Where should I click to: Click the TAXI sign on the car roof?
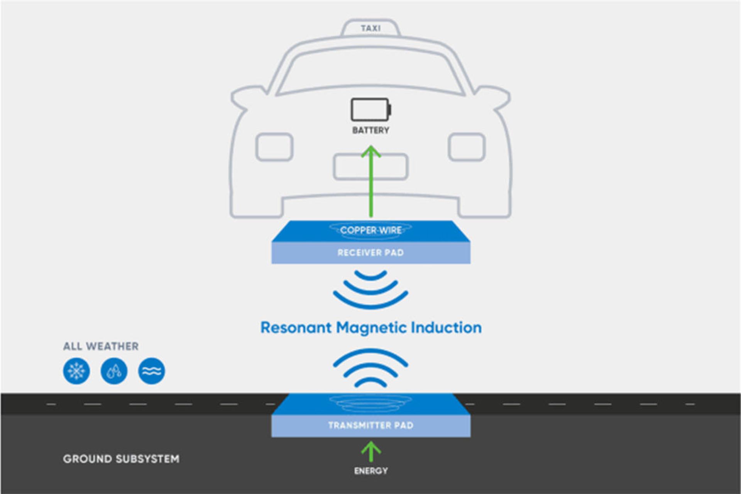click(370, 28)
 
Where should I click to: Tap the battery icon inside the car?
click(370, 110)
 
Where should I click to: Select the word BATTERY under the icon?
click(370, 130)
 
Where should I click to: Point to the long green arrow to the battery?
click(371, 181)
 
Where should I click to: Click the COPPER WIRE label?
click(370, 230)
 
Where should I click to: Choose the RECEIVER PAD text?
click(370, 253)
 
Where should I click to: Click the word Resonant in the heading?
click(296, 328)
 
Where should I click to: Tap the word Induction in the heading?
click(446, 328)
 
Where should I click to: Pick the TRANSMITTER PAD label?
click(370, 425)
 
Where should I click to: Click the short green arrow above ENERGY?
click(371, 452)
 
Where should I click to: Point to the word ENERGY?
click(371, 471)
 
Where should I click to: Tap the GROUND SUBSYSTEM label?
click(121, 459)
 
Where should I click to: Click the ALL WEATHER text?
click(101, 346)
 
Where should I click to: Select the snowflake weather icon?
click(76, 371)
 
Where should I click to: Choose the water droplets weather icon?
click(114, 371)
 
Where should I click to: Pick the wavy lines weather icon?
click(151, 371)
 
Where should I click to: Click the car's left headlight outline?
click(274, 147)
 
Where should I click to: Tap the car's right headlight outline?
click(467, 147)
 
